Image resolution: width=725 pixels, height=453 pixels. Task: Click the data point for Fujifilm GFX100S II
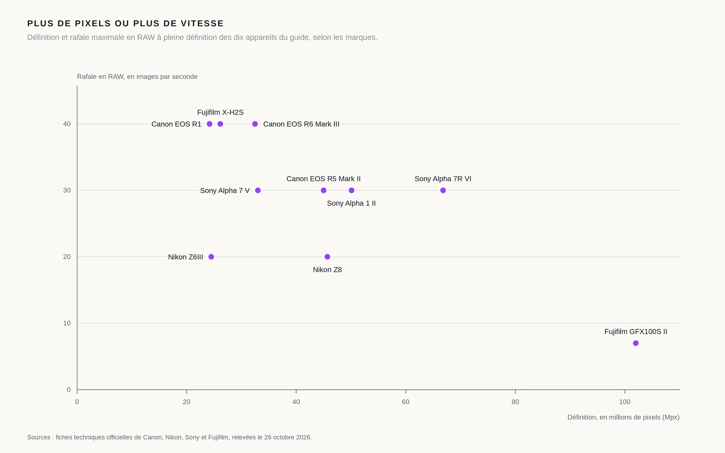tap(636, 343)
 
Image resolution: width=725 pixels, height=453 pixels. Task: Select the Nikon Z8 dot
tap(327, 256)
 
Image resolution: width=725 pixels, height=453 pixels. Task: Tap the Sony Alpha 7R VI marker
tap(443, 190)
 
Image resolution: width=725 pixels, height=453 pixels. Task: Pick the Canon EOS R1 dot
tap(209, 124)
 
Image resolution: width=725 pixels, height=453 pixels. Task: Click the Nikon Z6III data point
tap(211, 256)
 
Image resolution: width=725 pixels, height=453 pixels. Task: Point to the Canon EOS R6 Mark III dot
tap(255, 124)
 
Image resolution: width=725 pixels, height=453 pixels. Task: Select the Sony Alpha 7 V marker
tap(258, 190)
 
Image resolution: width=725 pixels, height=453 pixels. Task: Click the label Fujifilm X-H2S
tap(220, 112)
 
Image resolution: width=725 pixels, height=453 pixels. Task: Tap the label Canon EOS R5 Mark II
tap(324, 178)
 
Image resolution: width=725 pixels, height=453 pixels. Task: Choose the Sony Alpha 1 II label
tap(351, 203)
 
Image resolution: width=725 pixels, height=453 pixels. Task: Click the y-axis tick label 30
tap(67, 190)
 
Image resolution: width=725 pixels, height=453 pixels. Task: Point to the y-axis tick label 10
tap(67, 323)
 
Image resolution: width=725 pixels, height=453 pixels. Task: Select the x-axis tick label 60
tap(406, 402)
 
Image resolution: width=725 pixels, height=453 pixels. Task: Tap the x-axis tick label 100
tap(625, 402)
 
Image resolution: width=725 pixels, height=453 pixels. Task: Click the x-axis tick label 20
tap(186, 402)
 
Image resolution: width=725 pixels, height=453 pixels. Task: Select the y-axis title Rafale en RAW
tap(137, 77)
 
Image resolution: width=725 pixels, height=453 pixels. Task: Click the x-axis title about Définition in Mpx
tap(623, 417)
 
